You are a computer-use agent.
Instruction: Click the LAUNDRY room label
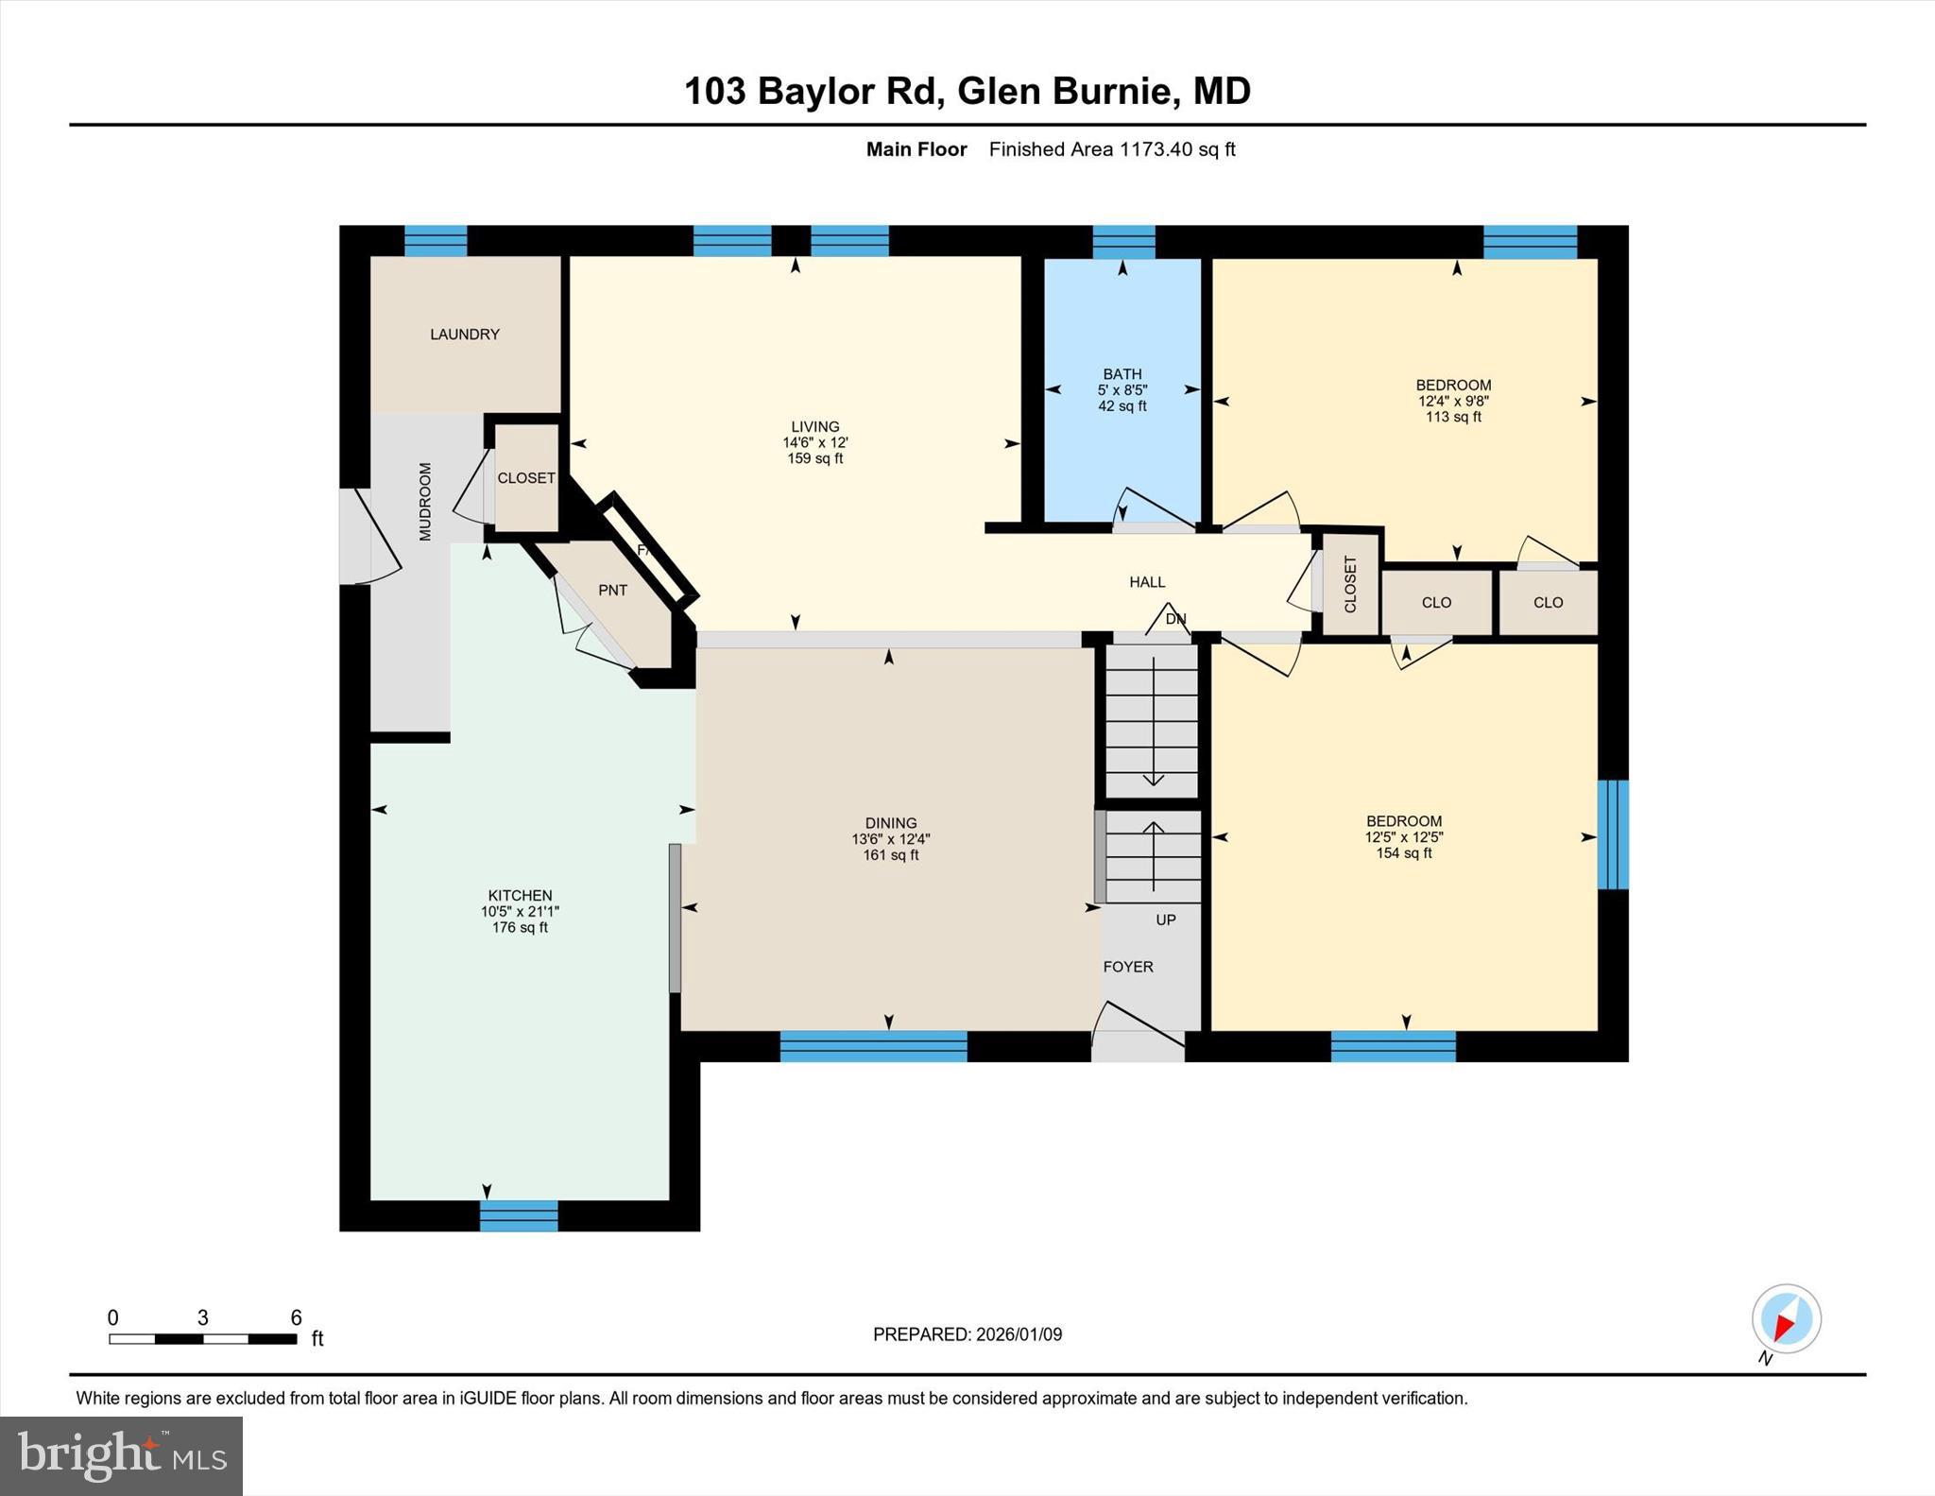(464, 335)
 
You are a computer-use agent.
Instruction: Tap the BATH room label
(1122, 374)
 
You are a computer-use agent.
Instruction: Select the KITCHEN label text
(520, 895)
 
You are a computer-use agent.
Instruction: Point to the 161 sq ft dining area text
(890, 855)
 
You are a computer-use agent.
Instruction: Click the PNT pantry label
(612, 590)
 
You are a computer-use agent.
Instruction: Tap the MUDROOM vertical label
(425, 502)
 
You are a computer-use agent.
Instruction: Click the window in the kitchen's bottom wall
(519, 1215)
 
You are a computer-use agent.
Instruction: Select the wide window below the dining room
(873, 1046)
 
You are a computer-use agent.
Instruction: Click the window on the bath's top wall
(1123, 242)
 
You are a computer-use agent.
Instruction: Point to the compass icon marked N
(1786, 1318)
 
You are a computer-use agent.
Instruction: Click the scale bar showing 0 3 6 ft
(203, 1338)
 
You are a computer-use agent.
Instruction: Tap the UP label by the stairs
(1166, 920)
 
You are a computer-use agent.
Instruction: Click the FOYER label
(1128, 967)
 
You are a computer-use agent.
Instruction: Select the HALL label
(1147, 582)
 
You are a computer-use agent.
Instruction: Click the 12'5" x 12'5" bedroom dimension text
(1403, 837)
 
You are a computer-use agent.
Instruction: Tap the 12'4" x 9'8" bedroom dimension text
(1452, 401)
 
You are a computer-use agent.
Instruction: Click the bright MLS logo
(121, 1455)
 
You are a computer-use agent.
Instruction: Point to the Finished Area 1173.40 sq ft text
(1111, 149)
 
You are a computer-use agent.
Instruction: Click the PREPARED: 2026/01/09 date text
(967, 1334)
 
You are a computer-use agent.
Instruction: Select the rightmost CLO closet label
(1548, 602)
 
